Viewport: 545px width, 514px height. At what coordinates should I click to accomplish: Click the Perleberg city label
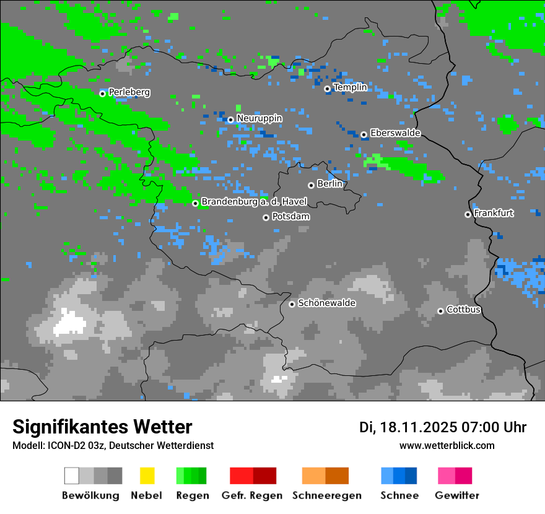[129, 92]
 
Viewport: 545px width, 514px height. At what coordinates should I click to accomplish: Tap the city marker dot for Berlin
[311, 185]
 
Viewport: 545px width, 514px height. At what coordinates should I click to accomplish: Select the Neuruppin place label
[259, 118]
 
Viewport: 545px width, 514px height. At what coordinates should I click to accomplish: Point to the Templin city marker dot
[327, 89]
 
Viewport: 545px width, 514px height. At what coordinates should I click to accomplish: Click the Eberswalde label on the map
[395, 133]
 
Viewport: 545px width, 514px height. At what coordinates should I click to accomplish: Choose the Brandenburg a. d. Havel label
[254, 202]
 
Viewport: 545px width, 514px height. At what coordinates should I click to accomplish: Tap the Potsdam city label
[290, 217]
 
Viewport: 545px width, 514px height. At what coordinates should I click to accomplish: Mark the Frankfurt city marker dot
[468, 214]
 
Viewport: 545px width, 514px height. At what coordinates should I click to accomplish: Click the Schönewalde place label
[326, 303]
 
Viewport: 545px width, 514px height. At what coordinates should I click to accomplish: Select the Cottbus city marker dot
[440, 311]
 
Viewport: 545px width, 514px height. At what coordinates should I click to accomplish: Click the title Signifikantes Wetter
[102, 427]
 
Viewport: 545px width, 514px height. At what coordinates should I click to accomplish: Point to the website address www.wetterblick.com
[447, 445]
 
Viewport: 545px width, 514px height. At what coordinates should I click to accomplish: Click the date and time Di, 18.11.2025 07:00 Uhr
[443, 427]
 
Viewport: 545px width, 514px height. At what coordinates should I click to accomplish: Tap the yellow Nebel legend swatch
[147, 476]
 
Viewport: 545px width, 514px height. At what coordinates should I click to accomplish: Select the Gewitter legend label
[457, 495]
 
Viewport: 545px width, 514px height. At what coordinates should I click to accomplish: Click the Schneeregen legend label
[327, 495]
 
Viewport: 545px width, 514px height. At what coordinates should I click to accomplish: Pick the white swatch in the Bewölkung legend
[72, 476]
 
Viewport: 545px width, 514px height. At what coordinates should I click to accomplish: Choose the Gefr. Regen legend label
[252, 495]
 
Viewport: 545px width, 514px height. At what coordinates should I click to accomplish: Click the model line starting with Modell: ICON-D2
[113, 445]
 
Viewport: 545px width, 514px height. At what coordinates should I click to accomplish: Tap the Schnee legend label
[399, 495]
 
